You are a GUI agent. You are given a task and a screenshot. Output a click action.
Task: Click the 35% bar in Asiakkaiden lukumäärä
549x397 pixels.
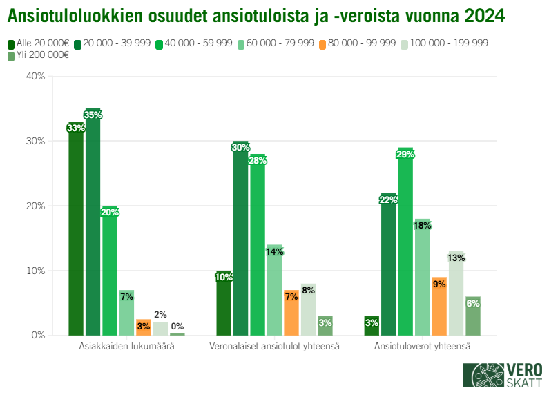click(x=93, y=221)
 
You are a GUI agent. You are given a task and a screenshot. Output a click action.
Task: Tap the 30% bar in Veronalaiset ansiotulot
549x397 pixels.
click(x=240, y=238)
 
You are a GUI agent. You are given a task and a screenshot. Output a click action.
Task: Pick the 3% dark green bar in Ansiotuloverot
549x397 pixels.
click(x=372, y=325)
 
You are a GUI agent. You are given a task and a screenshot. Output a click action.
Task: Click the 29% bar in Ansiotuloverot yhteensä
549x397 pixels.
click(x=405, y=242)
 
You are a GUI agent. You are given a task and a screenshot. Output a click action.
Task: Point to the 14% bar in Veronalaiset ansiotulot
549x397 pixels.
click(x=274, y=290)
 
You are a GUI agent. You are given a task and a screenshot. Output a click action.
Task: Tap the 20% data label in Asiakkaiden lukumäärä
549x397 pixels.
click(x=110, y=213)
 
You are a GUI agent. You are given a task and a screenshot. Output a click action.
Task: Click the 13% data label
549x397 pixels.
click(x=456, y=258)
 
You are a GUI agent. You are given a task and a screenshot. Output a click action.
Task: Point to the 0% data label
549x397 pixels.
click(x=177, y=327)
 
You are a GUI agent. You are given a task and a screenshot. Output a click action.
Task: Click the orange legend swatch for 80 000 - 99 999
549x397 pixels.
click(x=322, y=43)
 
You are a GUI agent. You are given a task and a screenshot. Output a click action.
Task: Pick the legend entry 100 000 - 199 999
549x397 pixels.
click(x=449, y=43)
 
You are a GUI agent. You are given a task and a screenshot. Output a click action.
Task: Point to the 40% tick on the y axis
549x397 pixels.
click(x=35, y=77)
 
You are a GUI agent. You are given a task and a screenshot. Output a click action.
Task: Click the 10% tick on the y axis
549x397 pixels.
click(x=35, y=271)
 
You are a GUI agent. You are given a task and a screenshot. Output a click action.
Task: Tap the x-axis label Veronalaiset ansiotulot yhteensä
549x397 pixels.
click(x=274, y=346)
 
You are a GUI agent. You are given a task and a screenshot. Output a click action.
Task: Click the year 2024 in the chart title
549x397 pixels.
click(x=483, y=14)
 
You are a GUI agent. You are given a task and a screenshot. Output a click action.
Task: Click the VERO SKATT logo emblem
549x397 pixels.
click(x=483, y=375)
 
